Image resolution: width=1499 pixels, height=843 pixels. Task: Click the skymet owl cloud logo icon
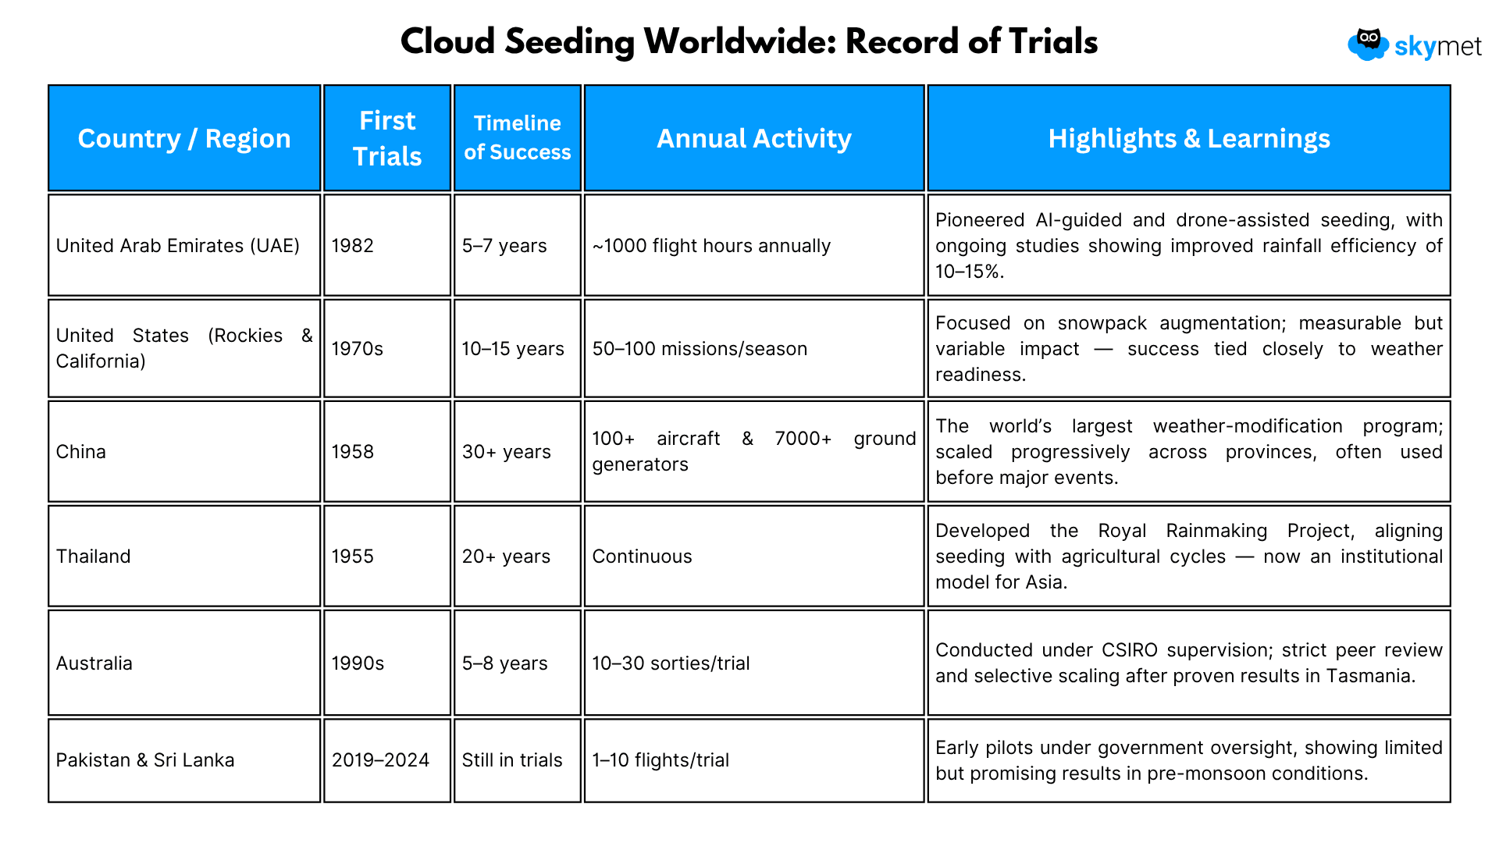coord(1368,44)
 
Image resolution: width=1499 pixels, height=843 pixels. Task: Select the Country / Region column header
coord(184,138)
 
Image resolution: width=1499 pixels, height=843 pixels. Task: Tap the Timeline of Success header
coord(518,138)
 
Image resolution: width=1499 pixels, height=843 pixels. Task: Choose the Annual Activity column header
coord(754,138)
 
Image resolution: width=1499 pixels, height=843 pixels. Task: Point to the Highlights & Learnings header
coord(1189,138)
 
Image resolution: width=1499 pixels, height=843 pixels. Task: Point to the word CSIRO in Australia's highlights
coord(1130,650)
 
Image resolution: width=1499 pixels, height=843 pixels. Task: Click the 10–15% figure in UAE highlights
coord(970,272)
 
